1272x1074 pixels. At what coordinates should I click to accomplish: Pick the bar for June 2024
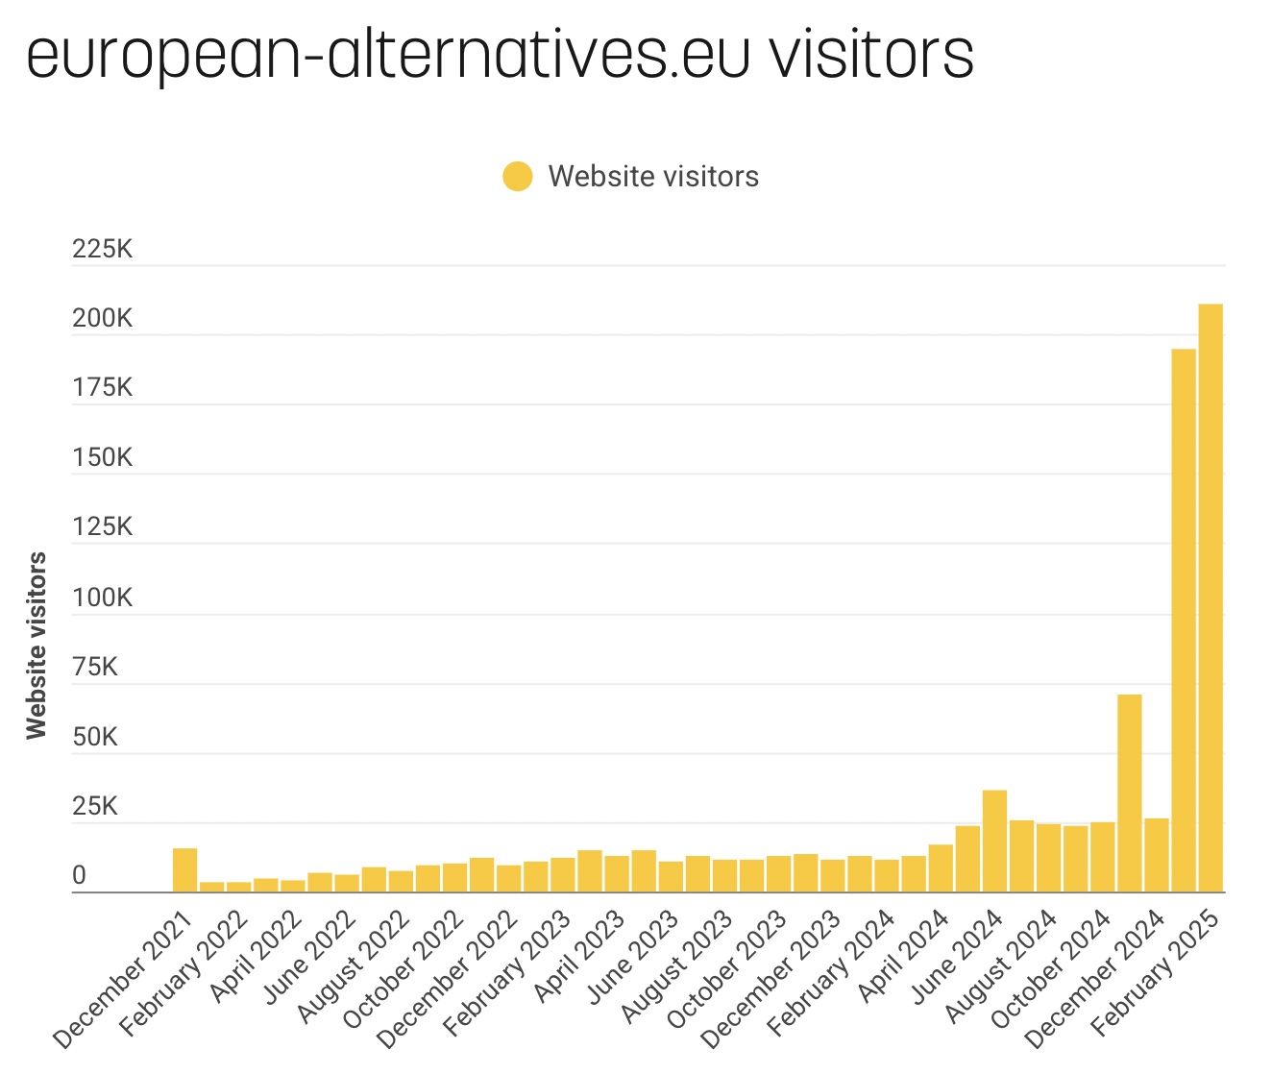click(x=994, y=841)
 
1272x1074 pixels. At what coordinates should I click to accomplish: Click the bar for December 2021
click(x=184, y=870)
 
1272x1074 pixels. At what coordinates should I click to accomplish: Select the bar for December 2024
click(x=1156, y=855)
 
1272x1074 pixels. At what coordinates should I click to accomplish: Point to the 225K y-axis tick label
click(x=102, y=250)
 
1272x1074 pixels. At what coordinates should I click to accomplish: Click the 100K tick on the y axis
click(x=102, y=598)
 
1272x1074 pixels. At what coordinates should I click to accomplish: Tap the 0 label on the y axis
click(x=79, y=876)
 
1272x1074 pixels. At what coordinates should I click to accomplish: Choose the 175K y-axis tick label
click(x=102, y=389)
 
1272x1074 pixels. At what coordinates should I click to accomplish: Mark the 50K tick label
click(x=95, y=738)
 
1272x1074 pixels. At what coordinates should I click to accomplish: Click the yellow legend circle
click(x=517, y=177)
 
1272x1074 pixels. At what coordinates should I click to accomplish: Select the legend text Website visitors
click(x=653, y=177)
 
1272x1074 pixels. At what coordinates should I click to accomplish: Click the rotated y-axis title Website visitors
click(x=37, y=646)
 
